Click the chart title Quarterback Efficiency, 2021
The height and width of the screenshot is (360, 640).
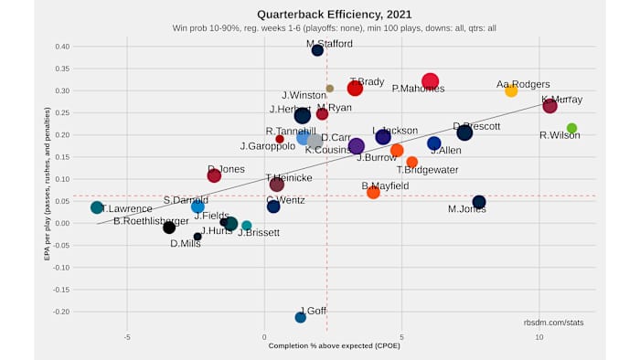pos(320,15)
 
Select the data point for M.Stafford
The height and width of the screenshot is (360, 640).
pos(317,50)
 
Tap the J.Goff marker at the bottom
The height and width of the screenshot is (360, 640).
pos(300,317)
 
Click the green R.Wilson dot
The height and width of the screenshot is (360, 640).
pos(571,129)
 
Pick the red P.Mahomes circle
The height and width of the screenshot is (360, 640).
pos(431,81)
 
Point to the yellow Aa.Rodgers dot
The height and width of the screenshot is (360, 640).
pos(511,90)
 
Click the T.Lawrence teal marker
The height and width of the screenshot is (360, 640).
pos(97,207)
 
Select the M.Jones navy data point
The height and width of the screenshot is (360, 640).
pos(479,202)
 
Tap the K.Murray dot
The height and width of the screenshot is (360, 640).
pos(549,106)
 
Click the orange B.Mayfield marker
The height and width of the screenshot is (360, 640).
pos(373,192)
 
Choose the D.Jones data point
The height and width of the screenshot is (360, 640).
pos(214,175)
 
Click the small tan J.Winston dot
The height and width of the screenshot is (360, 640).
pos(330,89)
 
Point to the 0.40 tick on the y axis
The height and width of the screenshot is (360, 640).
pos(61,47)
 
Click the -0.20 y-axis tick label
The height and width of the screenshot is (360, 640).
pos(60,312)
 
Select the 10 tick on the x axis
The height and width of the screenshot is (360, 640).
pos(539,336)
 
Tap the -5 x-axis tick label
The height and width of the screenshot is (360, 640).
pos(127,336)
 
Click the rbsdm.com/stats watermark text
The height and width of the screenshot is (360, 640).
pos(553,323)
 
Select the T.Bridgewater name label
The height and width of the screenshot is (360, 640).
pos(426,169)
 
